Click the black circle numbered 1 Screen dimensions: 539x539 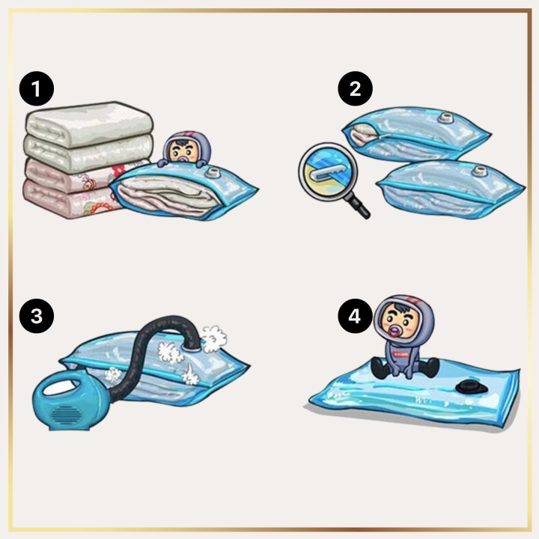coord(37,88)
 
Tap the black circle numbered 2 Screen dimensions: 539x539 coord(355,88)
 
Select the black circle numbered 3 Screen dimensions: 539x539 coord(37,316)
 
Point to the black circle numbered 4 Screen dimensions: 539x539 coord(355,316)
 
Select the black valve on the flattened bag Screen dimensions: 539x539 coord(472,388)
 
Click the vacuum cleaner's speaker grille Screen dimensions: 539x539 coord(67,415)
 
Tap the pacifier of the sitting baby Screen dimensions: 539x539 coord(394,331)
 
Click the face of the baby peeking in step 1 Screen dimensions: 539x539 coord(182,152)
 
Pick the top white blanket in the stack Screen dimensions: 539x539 coord(88,124)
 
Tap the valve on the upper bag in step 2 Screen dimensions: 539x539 coord(446,118)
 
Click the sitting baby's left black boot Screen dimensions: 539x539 coord(380,368)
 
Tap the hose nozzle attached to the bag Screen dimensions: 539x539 coord(192,345)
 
